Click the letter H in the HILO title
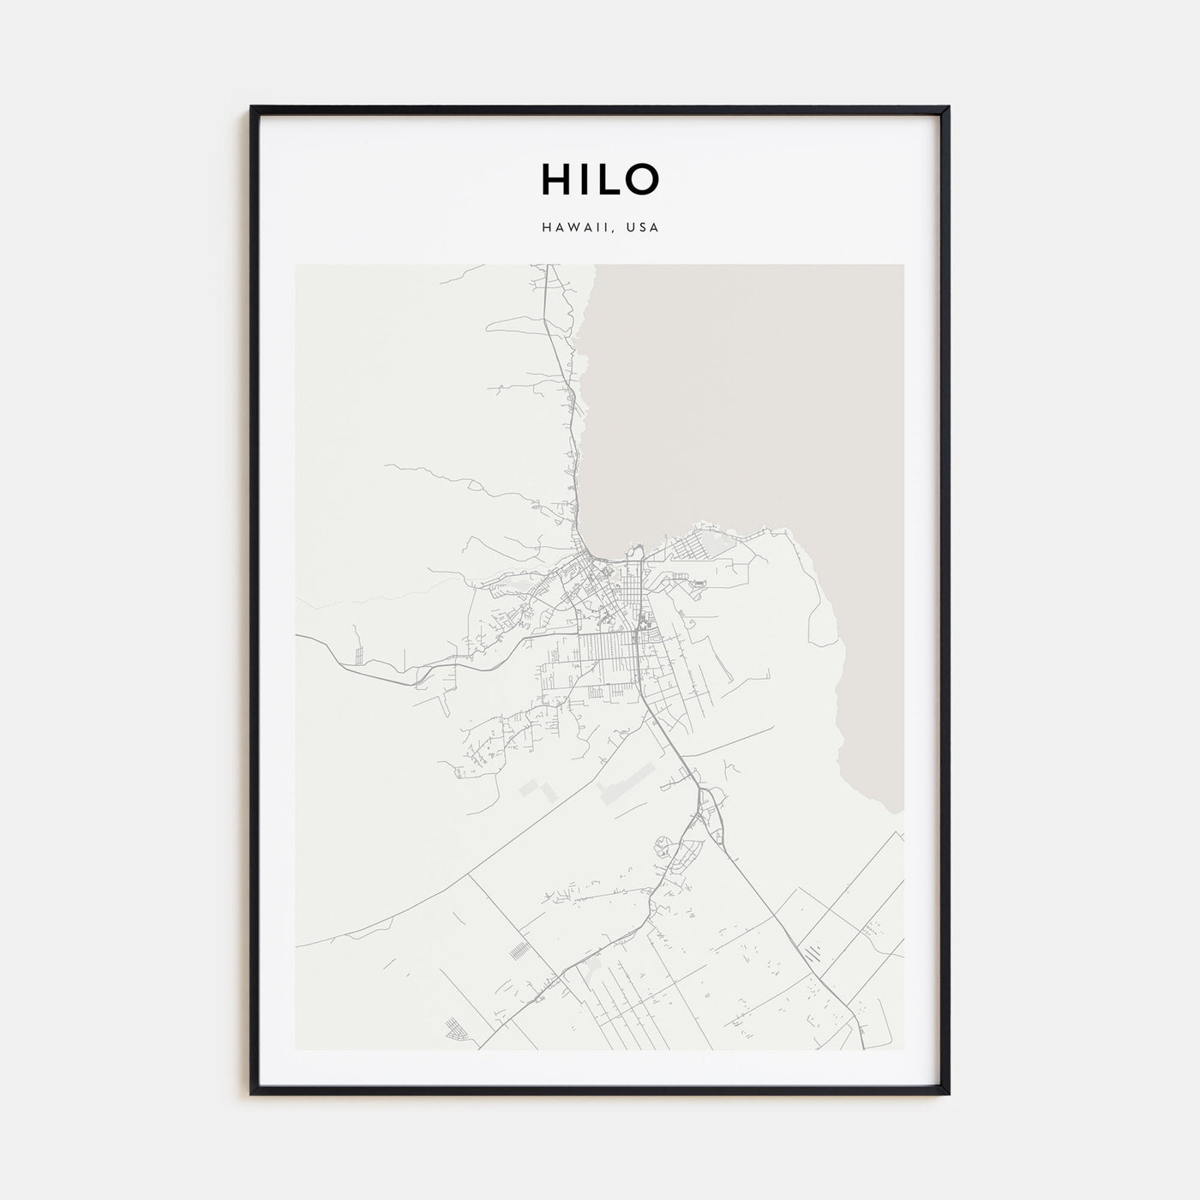554,178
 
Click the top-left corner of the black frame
252,108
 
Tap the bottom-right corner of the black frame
948,1093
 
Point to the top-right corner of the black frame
948,108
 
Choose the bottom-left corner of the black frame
252,1093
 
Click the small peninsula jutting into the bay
636,551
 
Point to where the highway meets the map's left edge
297,636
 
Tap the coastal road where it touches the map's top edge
547,265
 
